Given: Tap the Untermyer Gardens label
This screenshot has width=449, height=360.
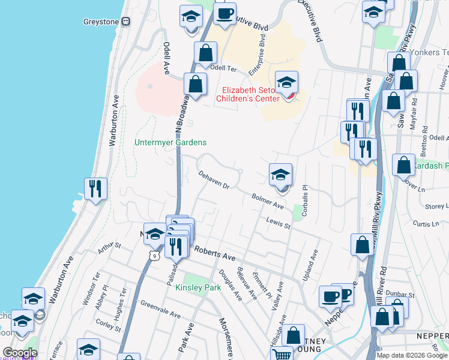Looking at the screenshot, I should pyautogui.click(x=170, y=143).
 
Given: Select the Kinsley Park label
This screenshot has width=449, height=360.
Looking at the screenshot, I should pyautogui.click(x=198, y=288).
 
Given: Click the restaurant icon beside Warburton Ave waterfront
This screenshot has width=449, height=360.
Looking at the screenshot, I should pyautogui.click(x=96, y=189).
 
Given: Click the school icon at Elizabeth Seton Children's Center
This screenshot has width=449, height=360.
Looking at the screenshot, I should pyautogui.click(x=287, y=82).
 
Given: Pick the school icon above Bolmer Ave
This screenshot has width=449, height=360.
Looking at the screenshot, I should pyautogui.click(x=280, y=175).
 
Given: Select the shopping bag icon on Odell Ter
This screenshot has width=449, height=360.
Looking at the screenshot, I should pyautogui.click(x=206, y=53).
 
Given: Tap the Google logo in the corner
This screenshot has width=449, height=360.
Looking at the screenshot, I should pyautogui.click(x=20, y=353).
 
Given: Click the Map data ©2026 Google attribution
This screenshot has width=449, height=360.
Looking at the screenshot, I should pyautogui.click(x=412, y=355).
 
